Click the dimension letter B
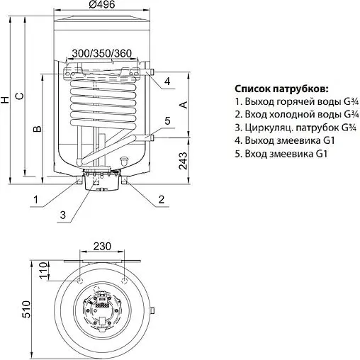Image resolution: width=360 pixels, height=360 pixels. [38, 128]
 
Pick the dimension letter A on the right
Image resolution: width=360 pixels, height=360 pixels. [184, 105]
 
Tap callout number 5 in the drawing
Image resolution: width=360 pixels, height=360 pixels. [167, 122]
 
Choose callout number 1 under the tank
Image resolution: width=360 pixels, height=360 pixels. [33, 200]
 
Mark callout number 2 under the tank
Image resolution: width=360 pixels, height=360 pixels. [162, 200]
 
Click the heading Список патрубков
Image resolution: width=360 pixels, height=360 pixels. [281, 89]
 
